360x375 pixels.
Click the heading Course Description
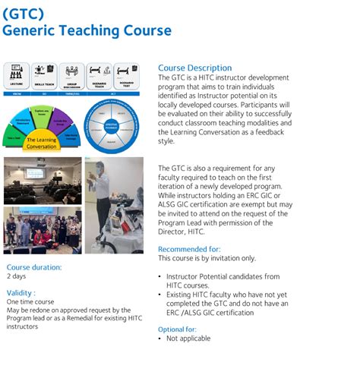194,68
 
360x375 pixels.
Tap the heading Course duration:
34,267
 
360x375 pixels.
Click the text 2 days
17,277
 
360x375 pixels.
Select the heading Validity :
21,292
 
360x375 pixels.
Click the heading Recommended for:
189,248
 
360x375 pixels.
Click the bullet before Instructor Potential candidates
159,276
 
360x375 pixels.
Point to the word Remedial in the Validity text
94,318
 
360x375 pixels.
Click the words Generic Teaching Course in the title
87,30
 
